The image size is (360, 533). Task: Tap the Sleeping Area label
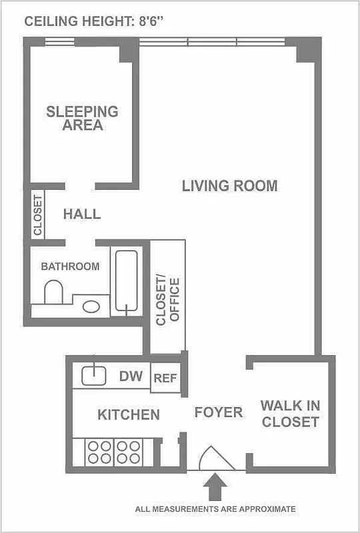coord(82,118)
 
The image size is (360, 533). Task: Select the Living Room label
coord(229,186)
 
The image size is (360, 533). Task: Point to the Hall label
coord(82,214)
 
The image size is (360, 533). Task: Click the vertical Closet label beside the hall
coord(38,215)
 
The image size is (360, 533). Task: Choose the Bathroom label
coord(70,266)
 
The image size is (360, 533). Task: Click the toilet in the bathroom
coord(53,292)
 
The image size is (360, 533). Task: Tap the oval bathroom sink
coord(91,307)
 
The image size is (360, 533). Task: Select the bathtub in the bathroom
coord(127,280)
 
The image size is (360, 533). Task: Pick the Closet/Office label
coord(167,300)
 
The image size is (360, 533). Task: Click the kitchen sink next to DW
coord(94,376)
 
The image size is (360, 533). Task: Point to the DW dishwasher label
coord(131,376)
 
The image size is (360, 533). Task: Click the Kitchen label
coord(129,414)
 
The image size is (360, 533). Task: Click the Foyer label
coord(218,412)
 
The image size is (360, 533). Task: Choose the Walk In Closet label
coord(289,413)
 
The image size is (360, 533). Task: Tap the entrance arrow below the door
coord(215,486)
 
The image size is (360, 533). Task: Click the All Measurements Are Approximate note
coord(215,509)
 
